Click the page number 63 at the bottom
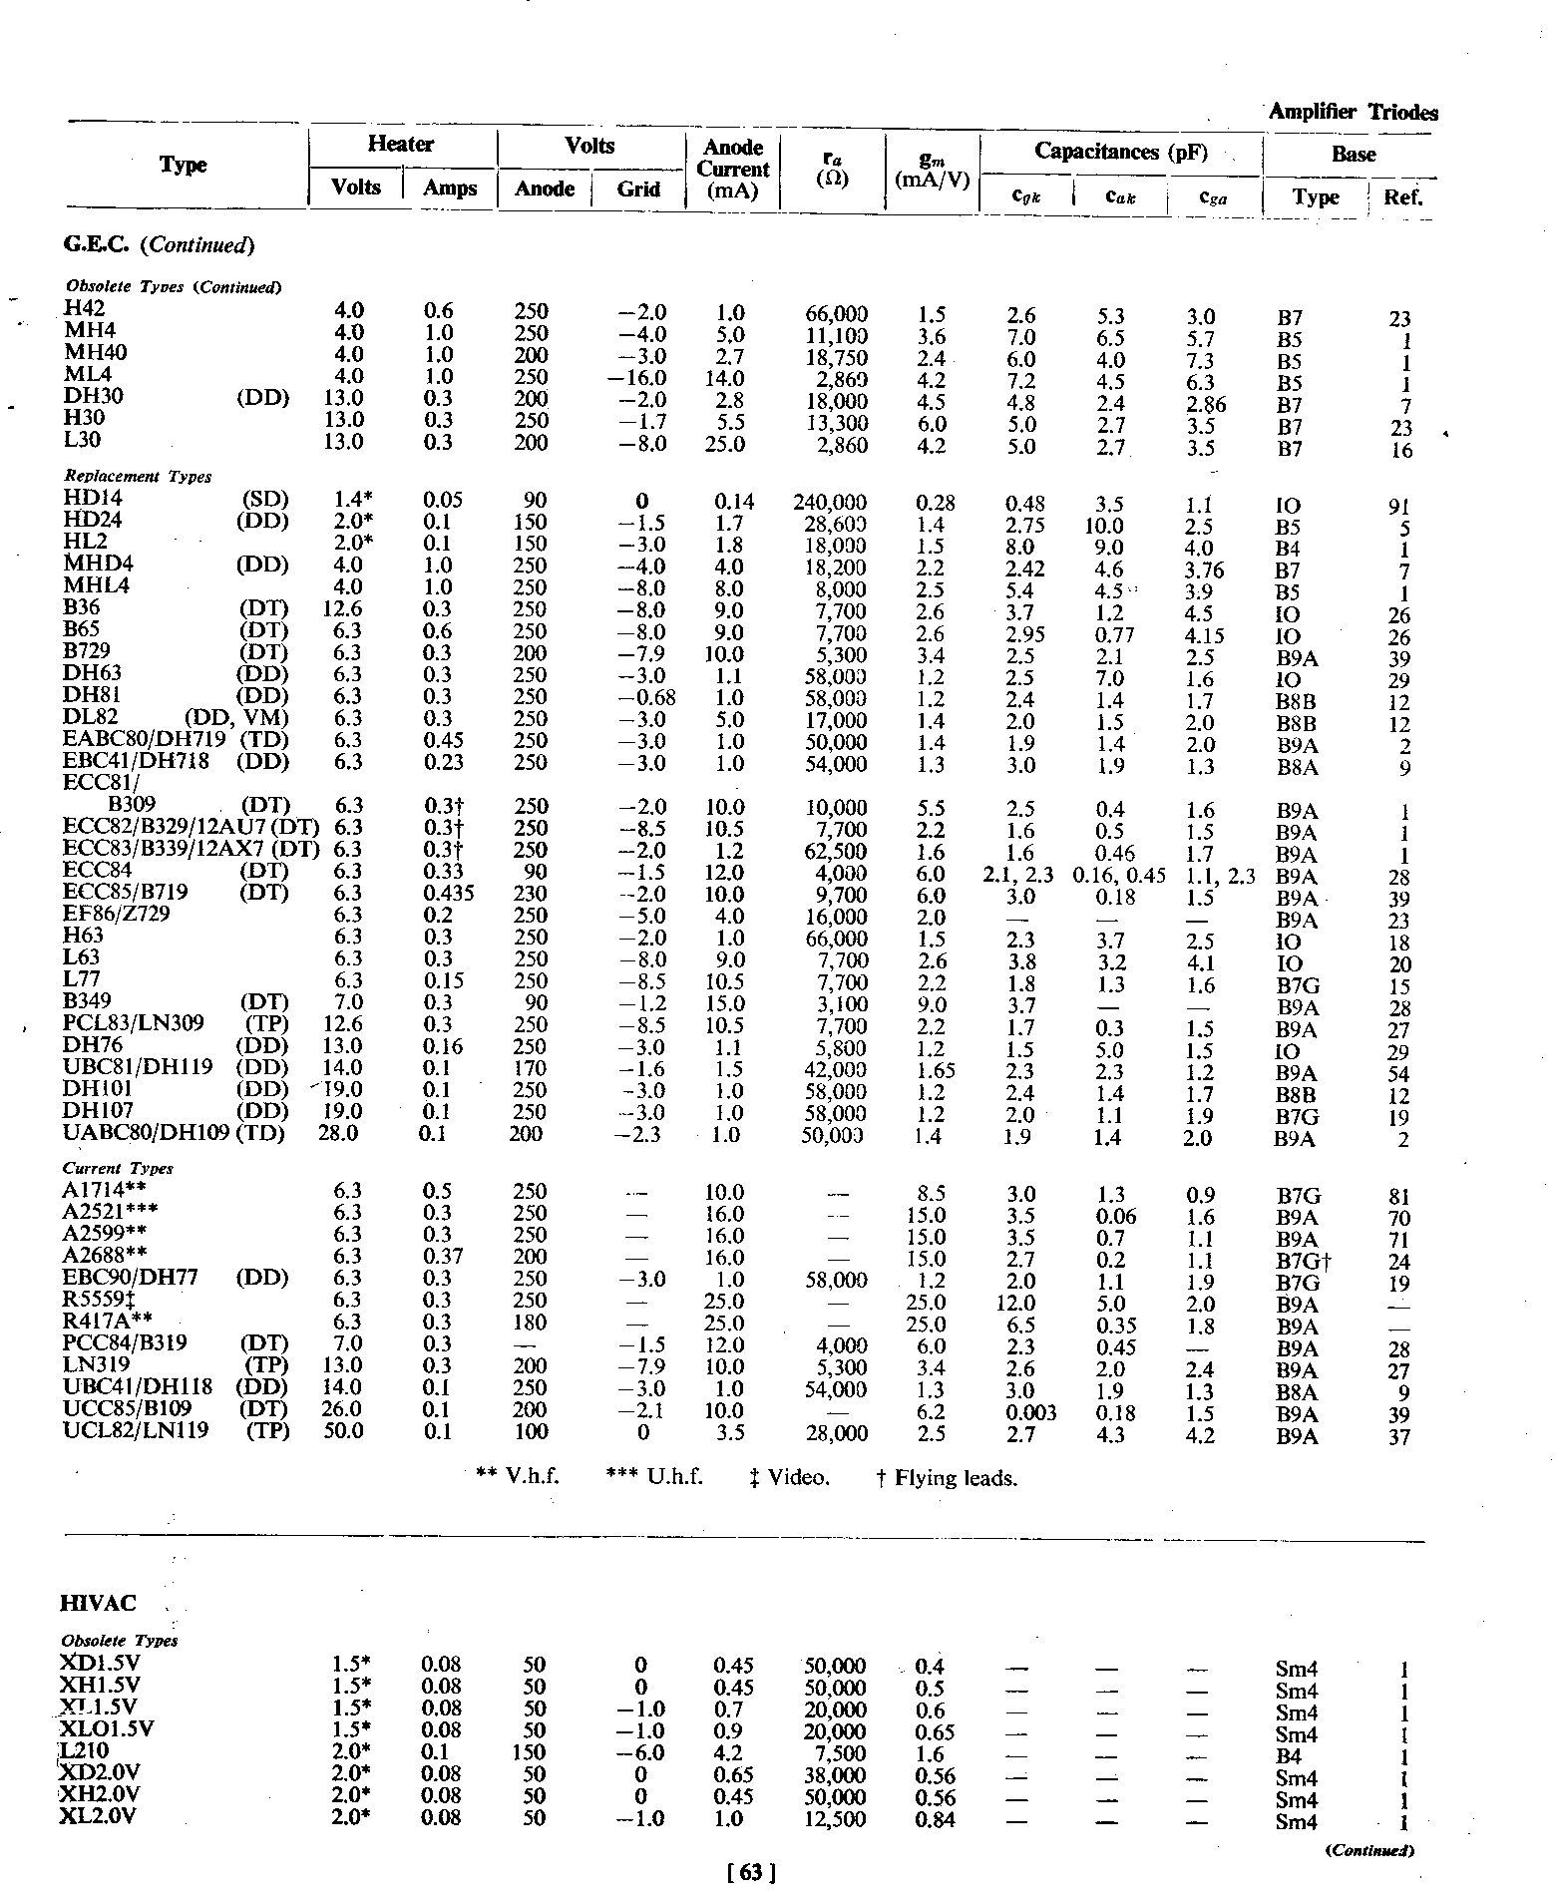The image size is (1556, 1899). [752, 1873]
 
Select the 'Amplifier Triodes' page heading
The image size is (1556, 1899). [1353, 113]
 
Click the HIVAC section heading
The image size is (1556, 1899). [99, 1604]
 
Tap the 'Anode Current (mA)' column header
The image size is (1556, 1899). [733, 170]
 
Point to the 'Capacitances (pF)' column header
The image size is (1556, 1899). [1120, 152]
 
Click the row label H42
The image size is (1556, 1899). [84, 309]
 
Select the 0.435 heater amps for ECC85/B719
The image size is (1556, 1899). [448, 894]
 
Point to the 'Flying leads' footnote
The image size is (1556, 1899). [947, 1478]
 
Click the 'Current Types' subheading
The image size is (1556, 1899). [118, 1169]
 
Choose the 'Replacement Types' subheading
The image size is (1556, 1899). [137, 477]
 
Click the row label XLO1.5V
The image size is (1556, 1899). [107, 1728]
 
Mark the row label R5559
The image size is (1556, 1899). [98, 1301]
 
